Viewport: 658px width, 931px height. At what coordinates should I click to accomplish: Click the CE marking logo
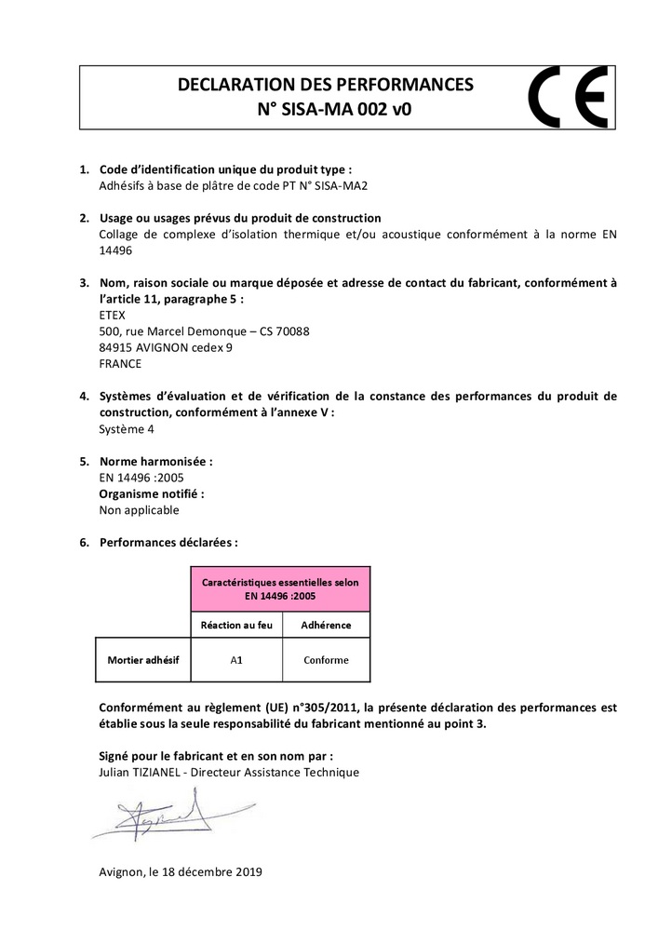coord(568,97)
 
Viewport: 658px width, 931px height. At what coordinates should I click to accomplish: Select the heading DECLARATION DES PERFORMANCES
coord(325,85)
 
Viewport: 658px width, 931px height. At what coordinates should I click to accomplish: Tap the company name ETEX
coord(112,315)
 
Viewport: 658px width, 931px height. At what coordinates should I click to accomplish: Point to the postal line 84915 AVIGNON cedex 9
coord(166,347)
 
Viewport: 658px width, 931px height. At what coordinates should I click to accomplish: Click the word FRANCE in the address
coord(120,363)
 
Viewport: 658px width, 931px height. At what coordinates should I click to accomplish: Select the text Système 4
coord(127,429)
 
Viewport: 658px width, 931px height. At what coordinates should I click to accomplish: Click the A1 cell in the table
coord(236,660)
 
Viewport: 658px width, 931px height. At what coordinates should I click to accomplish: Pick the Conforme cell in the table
coord(326,660)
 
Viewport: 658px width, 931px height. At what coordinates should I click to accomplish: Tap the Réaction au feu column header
coord(236,625)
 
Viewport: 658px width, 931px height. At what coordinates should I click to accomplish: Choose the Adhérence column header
coord(326,625)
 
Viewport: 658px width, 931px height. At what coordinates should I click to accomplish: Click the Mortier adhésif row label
coord(142,660)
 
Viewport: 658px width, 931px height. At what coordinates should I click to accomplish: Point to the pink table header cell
coord(280,588)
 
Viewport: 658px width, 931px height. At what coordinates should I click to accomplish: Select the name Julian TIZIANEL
coord(141,772)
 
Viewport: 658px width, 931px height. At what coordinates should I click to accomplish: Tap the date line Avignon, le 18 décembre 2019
coord(181,872)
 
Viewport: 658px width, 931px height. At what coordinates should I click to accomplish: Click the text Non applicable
coord(139,510)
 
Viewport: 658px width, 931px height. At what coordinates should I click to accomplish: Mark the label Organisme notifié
coord(152,493)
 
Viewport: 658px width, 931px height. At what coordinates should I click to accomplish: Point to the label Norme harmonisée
coord(156,461)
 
